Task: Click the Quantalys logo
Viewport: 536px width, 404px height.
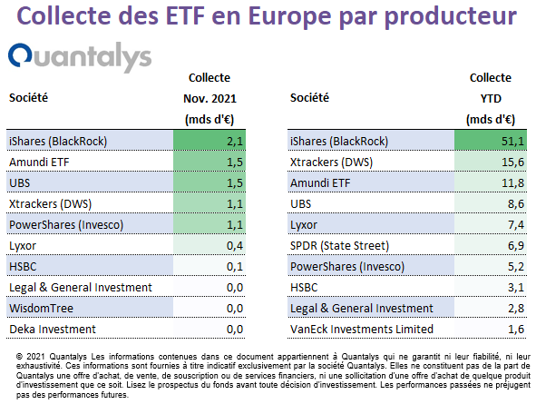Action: tap(80, 57)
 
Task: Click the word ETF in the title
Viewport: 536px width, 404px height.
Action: tap(185, 15)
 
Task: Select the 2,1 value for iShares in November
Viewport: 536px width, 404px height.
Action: tap(235, 142)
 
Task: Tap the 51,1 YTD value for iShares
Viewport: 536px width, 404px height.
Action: tap(512, 142)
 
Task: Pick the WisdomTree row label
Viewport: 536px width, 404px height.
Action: tap(41, 308)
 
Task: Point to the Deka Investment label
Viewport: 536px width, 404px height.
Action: tap(53, 329)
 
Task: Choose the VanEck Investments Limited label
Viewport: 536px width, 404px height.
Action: tap(362, 329)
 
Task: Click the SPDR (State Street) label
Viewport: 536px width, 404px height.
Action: tap(339, 246)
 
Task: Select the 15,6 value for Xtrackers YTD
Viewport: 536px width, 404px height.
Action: tap(512, 163)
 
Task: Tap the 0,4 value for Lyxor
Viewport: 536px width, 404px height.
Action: tap(235, 246)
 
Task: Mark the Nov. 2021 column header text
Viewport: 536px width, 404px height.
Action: tap(210, 99)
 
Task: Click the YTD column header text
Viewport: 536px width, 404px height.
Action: tap(491, 99)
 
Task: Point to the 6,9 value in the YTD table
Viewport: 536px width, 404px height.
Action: tap(516, 246)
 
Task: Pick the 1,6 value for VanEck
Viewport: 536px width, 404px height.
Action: tap(516, 329)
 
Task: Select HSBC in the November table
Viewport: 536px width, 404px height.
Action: tap(23, 267)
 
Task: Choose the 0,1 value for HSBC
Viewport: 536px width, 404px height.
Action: tap(235, 267)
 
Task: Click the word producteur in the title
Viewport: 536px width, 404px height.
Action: tap(450, 16)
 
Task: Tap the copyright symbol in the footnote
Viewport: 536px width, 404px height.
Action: tap(19, 357)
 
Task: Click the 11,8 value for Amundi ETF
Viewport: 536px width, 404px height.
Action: tap(512, 183)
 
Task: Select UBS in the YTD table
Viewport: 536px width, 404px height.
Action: tap(300, 204)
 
